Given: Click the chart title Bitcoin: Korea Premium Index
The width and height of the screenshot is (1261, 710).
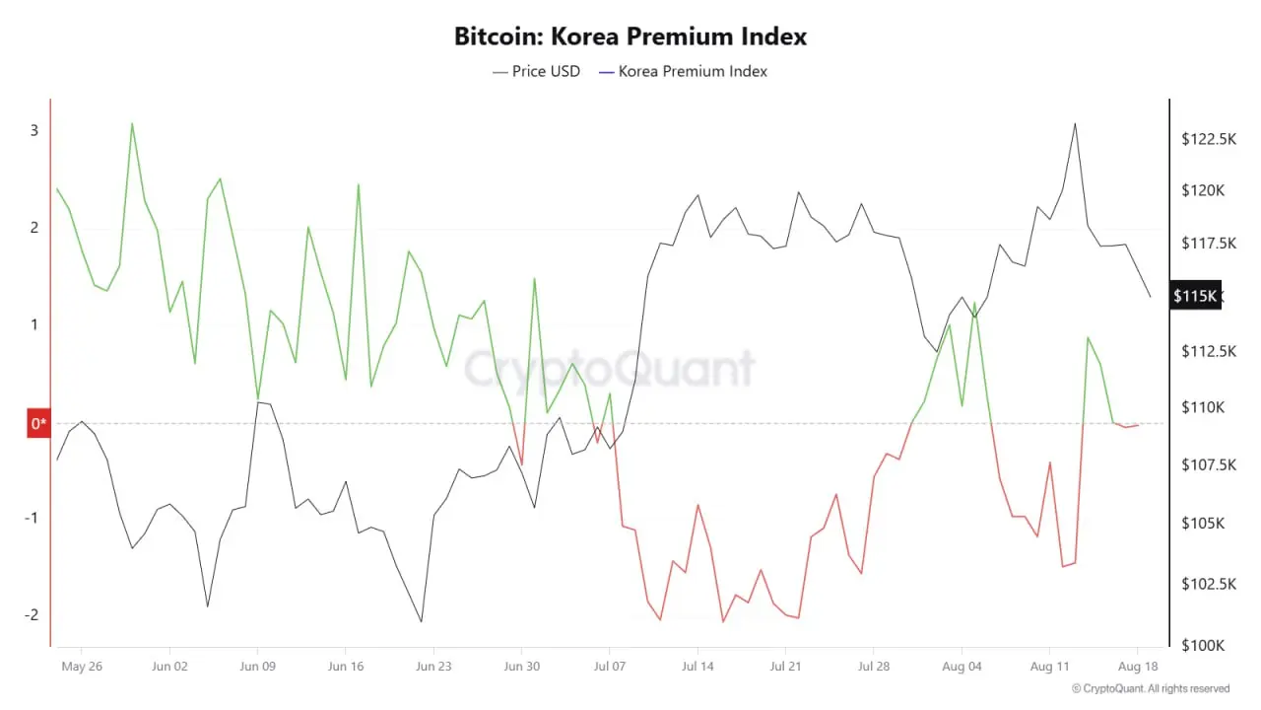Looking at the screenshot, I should pyautogui.click(x=630, y=36).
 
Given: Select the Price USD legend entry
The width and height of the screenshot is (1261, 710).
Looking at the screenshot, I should pyautogui.click(x=537, y=71).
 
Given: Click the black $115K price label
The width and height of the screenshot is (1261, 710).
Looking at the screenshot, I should pyautogui.click(x=1195, y=296).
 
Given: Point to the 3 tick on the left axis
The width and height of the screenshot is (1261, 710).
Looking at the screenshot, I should pyautogui.click(x=33, y=130).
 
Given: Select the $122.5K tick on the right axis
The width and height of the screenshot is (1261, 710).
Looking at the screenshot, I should pyautogui.click(x=1209, y=139).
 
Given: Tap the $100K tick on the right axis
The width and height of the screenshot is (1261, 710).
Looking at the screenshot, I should pyautogui.click(x=1203, y=645).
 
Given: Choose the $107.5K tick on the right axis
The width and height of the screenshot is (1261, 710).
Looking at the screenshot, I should pyautogui.click(x=1209, y=464).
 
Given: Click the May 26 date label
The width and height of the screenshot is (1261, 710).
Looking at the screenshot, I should pyautogui.click(x=82, y=666).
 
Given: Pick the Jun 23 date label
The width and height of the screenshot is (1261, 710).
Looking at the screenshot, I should pyautogui.click(x=433, y=666).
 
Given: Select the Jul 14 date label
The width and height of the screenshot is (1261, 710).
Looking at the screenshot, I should pyautogui.click(x=697, y=666).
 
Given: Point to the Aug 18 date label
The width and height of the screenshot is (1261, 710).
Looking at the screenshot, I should pyautogui.click(x=1138, y=666).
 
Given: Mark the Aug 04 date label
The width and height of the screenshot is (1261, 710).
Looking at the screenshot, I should pyautogui.click(x=962, y=666).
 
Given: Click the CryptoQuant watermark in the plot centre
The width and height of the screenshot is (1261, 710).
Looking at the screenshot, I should pyautogui.click(x=609, y=369).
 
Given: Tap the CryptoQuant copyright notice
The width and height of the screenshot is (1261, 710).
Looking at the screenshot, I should pyautogui.click(x=1150, y=688).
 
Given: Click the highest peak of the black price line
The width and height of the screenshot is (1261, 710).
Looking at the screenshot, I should pyautogui.click(x=1075, y=123).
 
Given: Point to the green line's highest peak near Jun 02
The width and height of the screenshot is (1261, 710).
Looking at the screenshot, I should pyautogui.click(x=132, y=123).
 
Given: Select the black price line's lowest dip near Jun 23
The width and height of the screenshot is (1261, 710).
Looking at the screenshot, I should pyautogui.click(x=422, y=621).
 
